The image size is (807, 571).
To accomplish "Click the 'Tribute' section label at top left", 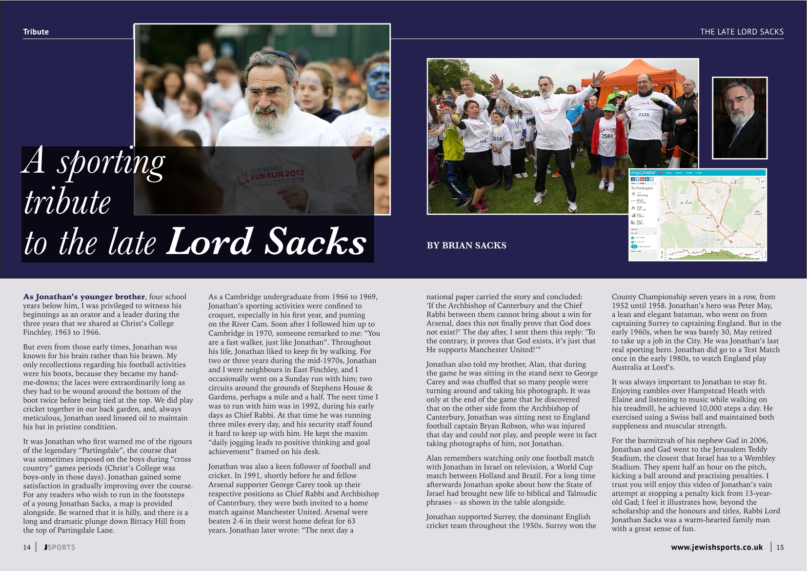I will click(x=36, y=32).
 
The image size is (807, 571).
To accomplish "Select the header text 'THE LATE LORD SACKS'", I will click(x=742, y=32).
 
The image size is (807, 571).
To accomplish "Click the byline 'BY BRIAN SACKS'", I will click(x=466, y=245).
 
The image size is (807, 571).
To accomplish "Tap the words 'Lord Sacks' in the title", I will click(x=266, y=241).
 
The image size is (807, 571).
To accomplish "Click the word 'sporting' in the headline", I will click(x=111, y=163).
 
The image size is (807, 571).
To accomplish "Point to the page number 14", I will click(x=27, y=547).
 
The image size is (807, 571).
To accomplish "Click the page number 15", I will click(x=780, y=547).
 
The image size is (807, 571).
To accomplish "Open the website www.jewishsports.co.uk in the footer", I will click(x=717, y=547).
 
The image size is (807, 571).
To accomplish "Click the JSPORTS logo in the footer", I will click(x=60, y=547).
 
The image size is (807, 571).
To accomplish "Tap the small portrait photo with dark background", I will click(x=740, y=118).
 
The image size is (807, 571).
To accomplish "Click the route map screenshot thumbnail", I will click(x=698, y=215).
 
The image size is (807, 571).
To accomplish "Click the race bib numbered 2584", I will click(x=607, y=136).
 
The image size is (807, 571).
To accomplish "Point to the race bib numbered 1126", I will click(x=644, y=115).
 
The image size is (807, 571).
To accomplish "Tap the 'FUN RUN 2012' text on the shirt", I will click(x=277, y=174).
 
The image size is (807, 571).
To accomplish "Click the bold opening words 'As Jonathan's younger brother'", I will click(x=84, y=297).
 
